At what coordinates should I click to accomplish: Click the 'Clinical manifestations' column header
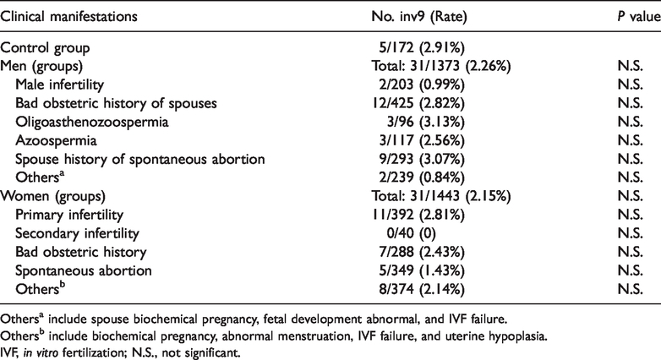(68, 16)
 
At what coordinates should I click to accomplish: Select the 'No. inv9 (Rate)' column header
(419, 16)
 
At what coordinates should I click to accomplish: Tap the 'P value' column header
(639, 16)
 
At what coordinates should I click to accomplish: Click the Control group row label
(45, 48)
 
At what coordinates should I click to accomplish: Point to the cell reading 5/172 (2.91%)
(422, 47)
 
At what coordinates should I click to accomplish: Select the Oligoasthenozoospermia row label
(92, 122)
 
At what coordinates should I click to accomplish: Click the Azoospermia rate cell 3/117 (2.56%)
(422, 140)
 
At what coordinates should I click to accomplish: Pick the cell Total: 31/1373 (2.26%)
(441, 66)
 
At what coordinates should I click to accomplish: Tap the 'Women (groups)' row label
(52, 196)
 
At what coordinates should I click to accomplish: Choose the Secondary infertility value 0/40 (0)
(407, 233)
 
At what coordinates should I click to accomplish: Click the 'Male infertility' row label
(59, 85)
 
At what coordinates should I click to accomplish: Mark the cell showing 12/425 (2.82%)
(418, 103)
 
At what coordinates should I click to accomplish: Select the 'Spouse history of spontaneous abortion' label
(140, 159)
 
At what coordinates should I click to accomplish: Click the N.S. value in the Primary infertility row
(631, 215)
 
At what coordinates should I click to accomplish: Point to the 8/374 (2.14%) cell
(422, 289)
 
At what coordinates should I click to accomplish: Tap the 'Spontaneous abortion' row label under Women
(84, 270)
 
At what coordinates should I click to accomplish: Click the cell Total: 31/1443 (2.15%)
(441, 196)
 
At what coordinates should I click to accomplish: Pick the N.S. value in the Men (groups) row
(631, 66)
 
